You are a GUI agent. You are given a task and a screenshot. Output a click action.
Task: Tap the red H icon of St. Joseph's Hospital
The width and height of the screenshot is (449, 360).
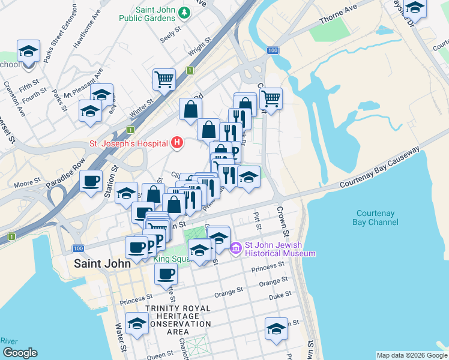point(176,142)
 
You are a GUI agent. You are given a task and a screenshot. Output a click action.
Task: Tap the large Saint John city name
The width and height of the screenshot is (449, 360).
point(97,264)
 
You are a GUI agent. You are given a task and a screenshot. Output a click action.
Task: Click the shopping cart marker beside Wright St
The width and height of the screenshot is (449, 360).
point(164,79)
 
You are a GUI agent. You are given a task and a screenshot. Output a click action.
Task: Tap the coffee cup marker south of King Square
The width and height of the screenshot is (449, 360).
point(166,274)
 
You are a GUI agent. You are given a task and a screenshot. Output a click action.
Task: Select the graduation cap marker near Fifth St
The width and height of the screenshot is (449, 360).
point(28,51)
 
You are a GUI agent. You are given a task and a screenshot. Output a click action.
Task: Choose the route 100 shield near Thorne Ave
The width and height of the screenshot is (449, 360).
point(273,50)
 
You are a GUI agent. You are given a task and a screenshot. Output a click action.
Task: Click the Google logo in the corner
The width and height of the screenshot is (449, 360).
point(19,353)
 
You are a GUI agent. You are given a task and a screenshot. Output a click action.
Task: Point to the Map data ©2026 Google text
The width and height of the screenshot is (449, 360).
point(411,355)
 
